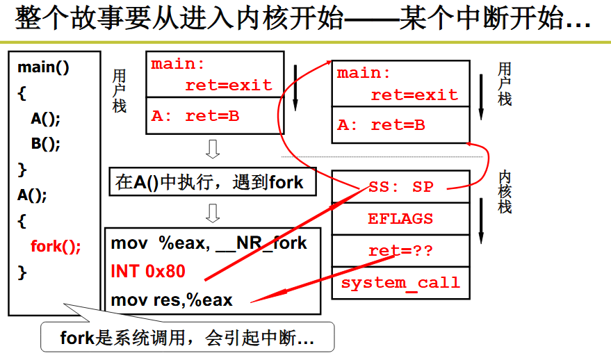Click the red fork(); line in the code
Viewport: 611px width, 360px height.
[x=56, y=247]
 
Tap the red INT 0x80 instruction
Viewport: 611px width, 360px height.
[x=148, y=271]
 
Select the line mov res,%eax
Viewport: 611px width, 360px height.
[x=172, y=300]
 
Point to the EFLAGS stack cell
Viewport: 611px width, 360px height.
[x=400, y=218]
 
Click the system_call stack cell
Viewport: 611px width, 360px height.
[x=400, y=283]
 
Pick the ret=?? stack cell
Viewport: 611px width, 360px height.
[x=400, y=250]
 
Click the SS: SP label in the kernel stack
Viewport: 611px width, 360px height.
[x=401, y=187]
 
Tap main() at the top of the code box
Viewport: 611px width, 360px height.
[x=43, y=67]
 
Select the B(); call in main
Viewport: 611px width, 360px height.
[x=46, y=143]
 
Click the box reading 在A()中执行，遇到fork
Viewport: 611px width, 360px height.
[x=213, y=182]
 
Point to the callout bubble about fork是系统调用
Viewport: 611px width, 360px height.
[x=188, y=336]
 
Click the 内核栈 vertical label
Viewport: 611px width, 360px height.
[x=505, y=192]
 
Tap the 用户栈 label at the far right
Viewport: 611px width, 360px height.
[x=505, y=84]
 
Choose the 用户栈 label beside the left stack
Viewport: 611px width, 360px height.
[x=120, y=91]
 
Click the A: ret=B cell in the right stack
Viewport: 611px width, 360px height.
[x=400, y=125]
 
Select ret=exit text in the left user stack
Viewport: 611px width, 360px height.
[x=229, y=85]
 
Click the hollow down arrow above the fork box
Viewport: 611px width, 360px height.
[x=213, y=149]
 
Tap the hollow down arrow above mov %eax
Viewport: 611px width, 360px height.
[x=213, y=213]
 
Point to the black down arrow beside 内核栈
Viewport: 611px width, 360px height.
[x=481, y=220]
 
